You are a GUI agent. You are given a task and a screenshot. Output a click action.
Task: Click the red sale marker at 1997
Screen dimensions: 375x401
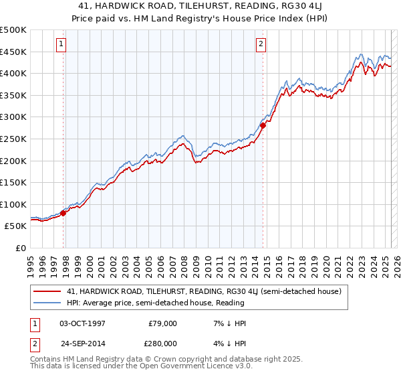[x=63, y=214]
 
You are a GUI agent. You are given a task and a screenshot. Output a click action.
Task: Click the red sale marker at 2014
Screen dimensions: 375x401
[x=263, y=125]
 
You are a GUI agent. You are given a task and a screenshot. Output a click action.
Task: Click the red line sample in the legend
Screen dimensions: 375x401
[x=47, y=291]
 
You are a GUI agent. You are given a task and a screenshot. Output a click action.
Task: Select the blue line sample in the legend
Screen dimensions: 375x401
[x=47, y=303]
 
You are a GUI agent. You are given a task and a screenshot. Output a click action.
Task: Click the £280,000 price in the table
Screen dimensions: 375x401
[x=162, y=343]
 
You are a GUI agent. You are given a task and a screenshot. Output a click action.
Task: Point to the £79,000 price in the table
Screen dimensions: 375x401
[x=162, y=323]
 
